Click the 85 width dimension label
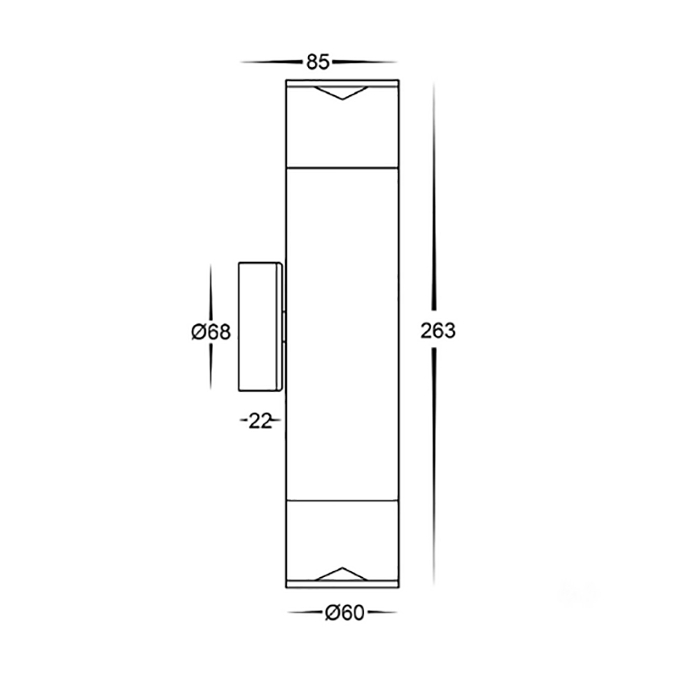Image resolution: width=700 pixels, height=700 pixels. [317, 62]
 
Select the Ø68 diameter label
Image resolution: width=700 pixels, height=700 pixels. [211, 332]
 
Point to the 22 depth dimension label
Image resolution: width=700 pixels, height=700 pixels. [260, 421]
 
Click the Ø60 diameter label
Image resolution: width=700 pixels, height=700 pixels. [344, 614]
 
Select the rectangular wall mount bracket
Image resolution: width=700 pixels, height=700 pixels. [260, 326]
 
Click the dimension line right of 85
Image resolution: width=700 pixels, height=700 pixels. [364, 62]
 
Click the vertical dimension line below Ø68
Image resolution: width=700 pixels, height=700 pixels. [211, 367]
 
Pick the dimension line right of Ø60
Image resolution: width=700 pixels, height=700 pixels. [381, 614]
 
